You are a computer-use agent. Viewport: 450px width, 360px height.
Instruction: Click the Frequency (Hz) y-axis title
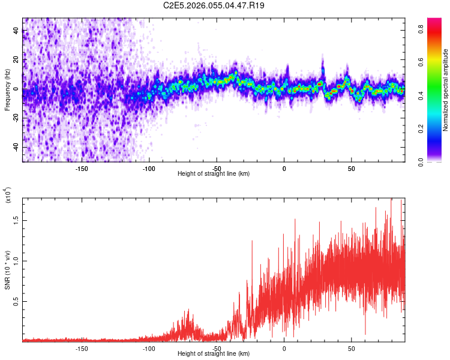7,90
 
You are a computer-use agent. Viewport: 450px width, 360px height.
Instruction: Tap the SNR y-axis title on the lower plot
7,270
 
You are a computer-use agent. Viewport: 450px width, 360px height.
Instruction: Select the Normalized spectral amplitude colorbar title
446,90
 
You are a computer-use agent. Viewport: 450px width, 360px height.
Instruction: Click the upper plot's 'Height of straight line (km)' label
214,173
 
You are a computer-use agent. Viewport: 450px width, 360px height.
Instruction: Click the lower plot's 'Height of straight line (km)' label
214,353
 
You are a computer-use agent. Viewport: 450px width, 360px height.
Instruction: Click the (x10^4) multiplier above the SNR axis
7,196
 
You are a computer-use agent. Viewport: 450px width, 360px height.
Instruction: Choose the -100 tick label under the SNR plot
149,349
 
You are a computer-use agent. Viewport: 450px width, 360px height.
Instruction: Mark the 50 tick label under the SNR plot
352,349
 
